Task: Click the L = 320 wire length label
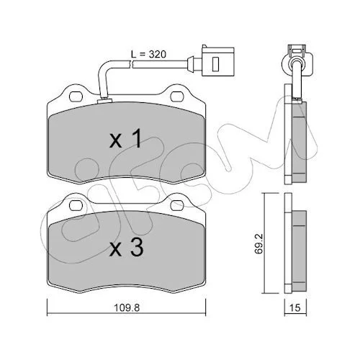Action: click(x=148, y=55)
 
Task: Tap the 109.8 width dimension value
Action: click(x=127, y=307)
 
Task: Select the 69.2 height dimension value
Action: click(x=259, y=244)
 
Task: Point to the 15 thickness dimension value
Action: click(x=295, y=307)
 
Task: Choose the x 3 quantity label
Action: click(x=126, y=248)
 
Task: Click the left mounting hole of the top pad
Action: click(x=76, y=96)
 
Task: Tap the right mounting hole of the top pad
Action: click(x=177, y=96)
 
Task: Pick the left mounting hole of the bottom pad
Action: click(x=76, y=204)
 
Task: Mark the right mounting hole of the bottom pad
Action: click(x=177, y=204)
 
